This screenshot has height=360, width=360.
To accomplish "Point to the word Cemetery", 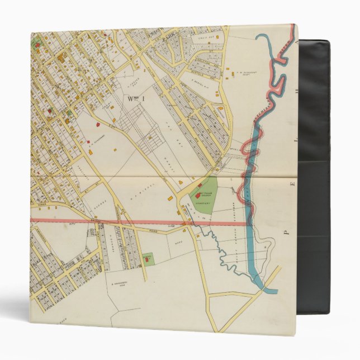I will coord(205,204).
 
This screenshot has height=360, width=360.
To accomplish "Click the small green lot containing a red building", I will coord(146,259).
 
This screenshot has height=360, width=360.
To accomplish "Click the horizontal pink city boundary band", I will coord(112,221).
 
